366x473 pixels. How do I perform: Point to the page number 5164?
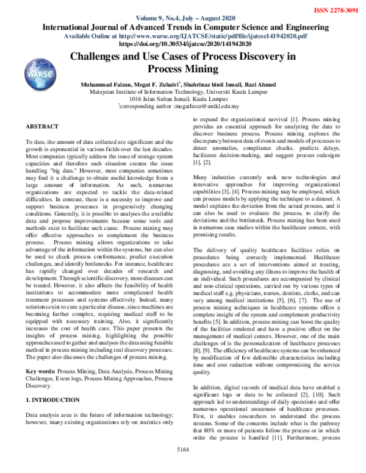pyautogui.click(x=183, y=466)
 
